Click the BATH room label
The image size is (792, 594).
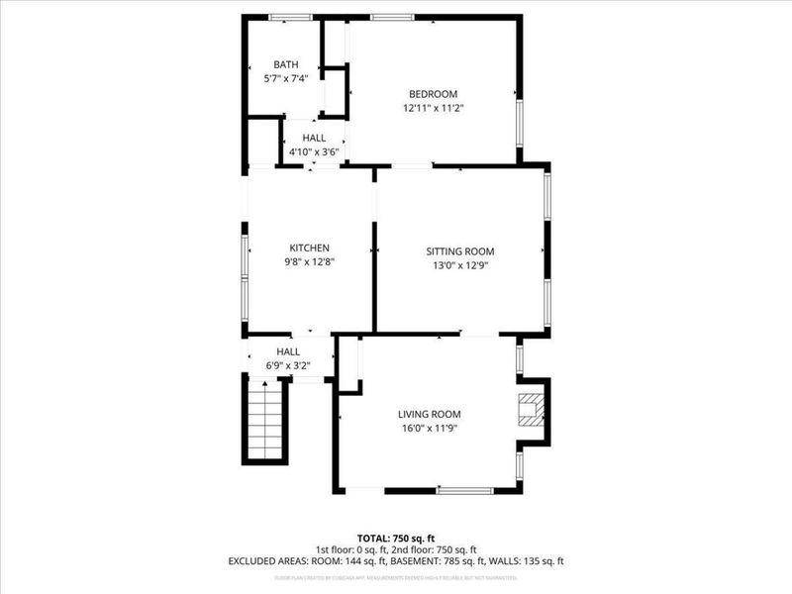286,64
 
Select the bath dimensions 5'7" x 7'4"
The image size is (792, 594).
286,78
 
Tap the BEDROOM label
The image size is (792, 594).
434,94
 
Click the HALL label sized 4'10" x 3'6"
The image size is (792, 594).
314,139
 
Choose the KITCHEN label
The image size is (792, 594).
309,248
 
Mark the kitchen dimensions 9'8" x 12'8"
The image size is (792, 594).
309,262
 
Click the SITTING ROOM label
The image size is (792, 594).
459,251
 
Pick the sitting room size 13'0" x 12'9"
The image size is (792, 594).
459,265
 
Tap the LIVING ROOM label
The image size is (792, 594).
430,415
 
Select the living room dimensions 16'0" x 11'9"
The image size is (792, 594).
430,429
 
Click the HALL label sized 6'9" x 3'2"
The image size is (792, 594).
288,351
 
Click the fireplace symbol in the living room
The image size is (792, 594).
533,408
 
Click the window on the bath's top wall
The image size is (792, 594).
291,17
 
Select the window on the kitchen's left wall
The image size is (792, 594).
246,265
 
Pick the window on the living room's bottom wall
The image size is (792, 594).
464,490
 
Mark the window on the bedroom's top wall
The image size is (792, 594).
392,17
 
